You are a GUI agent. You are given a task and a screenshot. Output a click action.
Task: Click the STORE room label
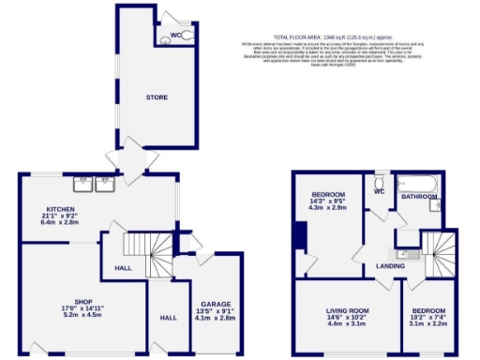click(x=157, y=97)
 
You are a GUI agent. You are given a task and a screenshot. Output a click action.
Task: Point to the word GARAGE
click(x=217, y=304)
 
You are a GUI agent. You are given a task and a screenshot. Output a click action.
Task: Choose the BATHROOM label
click(x=420, y=197)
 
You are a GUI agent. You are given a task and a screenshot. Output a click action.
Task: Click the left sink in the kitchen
click(x=84, y=183)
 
